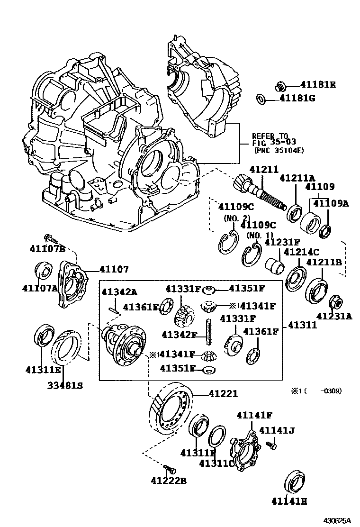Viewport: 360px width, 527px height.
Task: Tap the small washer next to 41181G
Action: [260, 99]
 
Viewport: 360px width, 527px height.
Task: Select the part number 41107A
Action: [39, 288]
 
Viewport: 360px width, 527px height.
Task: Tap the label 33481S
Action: [64, 385]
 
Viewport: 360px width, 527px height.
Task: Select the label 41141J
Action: [277, 430]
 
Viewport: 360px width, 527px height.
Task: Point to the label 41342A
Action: [119, 292]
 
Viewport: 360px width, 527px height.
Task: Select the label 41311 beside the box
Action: [303, 327]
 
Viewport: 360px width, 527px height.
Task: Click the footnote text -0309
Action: [330, 391]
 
